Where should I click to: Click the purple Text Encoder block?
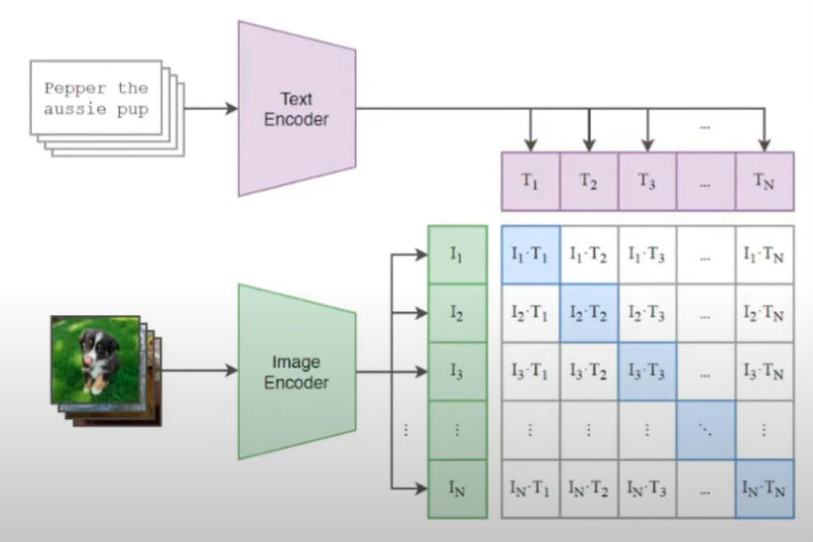[295, 108]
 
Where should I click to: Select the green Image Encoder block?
[295, 371]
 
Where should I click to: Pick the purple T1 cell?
[530, 181]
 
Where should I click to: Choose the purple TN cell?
[764, 181]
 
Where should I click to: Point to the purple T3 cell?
[647, 181]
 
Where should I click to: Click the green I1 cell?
[457, 255]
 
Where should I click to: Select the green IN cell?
[457, 488]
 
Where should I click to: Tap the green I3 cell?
[457, 372]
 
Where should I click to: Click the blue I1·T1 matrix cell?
[530, 256]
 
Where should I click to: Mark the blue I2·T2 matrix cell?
[589, 314]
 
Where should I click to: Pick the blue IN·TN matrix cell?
[764, 488]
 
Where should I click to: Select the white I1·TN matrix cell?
[764, 256]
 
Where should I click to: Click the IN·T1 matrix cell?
[530, 488]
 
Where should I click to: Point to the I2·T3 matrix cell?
[647, 314]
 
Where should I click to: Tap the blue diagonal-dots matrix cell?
[706, 430]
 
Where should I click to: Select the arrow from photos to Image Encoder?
[198, 371]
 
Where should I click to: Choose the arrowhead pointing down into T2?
[589, 145]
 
